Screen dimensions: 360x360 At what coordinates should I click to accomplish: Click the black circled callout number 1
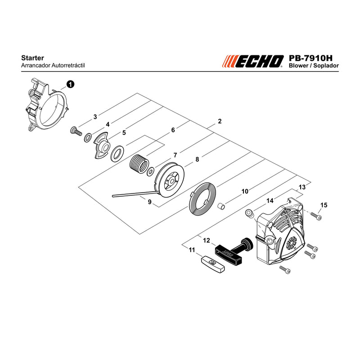(x=70, y=84)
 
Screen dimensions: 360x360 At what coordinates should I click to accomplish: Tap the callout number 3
(x=95, y=117)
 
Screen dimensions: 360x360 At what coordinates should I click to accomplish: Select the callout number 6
(x=173, y=130)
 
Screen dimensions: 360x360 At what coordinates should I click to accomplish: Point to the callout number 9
(x=150, y=202)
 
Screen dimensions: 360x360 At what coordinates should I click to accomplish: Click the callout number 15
(x=324, y=205)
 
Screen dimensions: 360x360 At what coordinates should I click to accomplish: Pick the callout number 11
(x=192, y=250)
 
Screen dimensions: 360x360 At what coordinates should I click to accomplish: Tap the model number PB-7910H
(x=310, y=58)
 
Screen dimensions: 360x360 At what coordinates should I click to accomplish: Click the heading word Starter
(x=32, y=58)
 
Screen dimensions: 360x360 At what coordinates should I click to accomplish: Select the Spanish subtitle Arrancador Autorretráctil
(x=53, y=65)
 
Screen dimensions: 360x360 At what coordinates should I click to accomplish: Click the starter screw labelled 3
(x=76, y=131)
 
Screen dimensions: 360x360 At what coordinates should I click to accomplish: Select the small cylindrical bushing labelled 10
(x=221, y=206)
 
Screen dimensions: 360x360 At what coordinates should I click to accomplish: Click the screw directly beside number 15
(x=316, y=216)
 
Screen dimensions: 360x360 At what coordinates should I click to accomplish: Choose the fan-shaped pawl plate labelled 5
(x=102, y=145)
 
